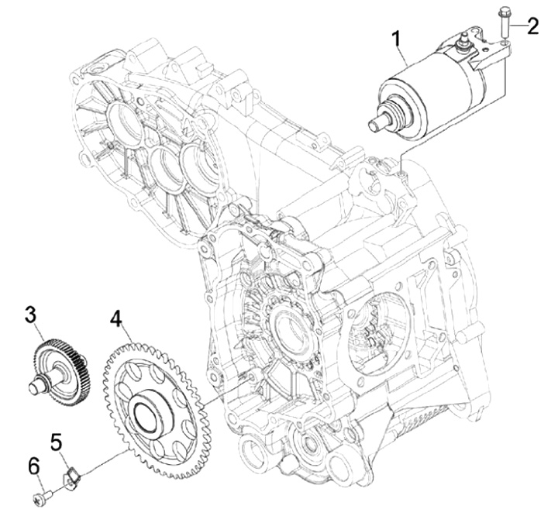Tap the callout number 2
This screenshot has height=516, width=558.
click(x=532, y=26)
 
